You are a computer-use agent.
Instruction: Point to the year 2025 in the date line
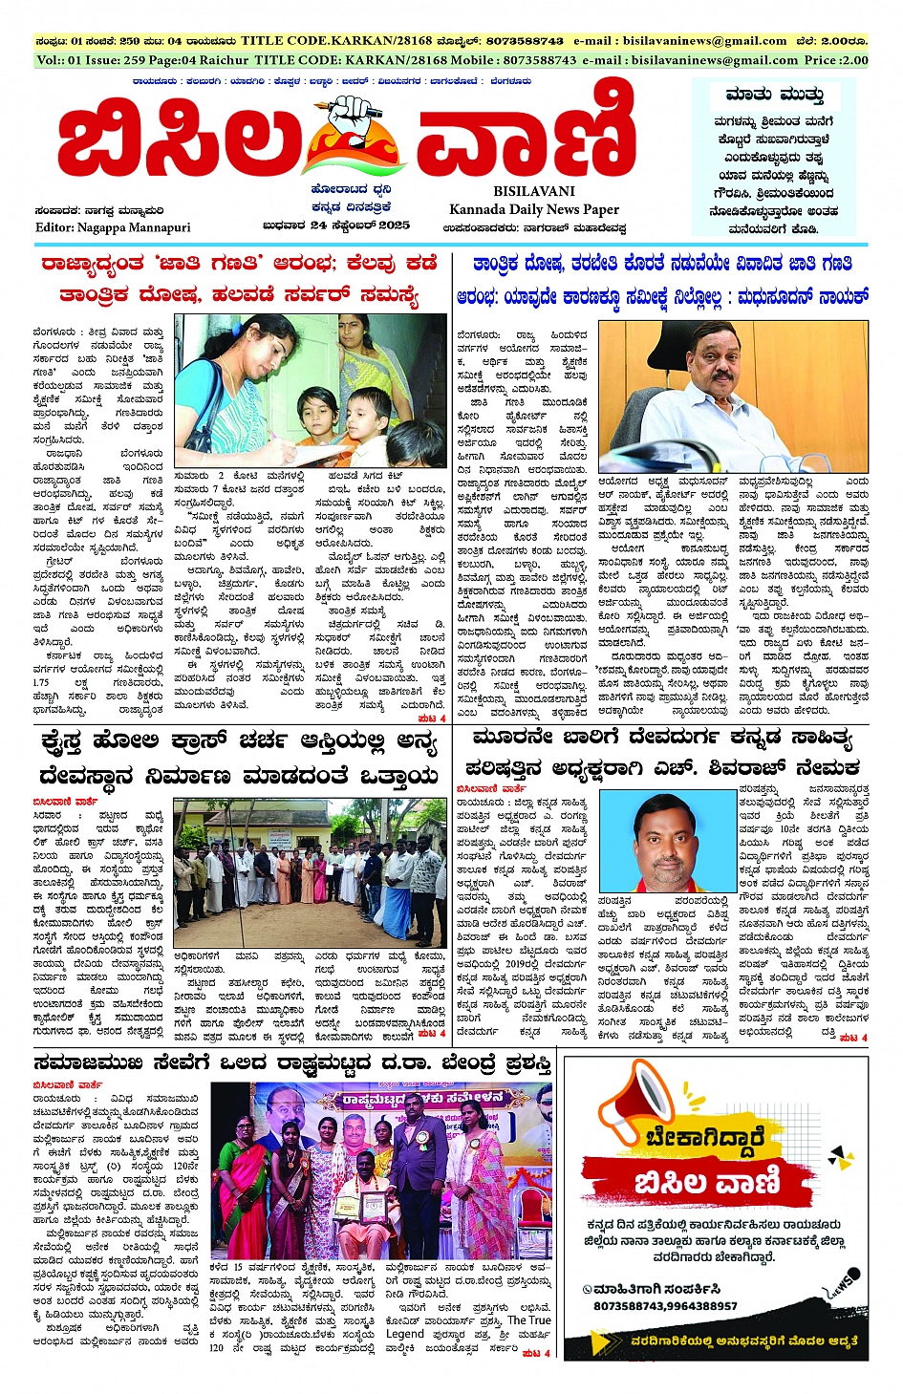coord(389,225)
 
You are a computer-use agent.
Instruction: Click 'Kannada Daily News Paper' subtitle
coord(534,209)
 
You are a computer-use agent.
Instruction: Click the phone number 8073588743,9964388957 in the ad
coord(665,1306)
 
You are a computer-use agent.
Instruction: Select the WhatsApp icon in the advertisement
coord(589,1289)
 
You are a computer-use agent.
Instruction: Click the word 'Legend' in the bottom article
coord(405,1333)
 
